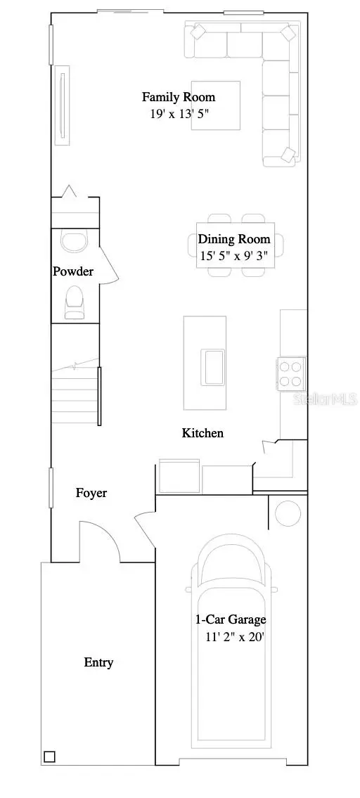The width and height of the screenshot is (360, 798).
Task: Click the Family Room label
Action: tap(179, 97)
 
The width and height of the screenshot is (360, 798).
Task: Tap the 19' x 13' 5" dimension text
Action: tap(179, 113)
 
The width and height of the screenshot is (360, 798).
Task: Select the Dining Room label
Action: tap(233, 239)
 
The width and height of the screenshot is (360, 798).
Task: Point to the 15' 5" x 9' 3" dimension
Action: tap(233, 256)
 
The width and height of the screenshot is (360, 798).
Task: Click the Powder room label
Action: tap(73, 271)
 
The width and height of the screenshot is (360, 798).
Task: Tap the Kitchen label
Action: tap(202, 433)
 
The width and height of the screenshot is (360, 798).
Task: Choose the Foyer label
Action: tap(91, 493)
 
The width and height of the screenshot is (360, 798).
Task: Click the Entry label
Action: tap(98, 662)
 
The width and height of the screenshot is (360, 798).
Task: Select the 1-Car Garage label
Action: tap(231, 619)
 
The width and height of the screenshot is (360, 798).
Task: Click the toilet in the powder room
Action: tap(75, 299)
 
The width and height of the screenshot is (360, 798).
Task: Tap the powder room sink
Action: tap(72, 242)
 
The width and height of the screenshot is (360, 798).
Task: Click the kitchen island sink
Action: tap(213, 366)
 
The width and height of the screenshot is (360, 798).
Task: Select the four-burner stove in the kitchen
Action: tap(291, 373)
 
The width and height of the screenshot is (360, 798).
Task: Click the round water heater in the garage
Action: tap(288, 513)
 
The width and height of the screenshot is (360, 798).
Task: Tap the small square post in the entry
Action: tap(49, 757)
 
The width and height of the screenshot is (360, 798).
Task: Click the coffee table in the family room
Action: tap(217, 105)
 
